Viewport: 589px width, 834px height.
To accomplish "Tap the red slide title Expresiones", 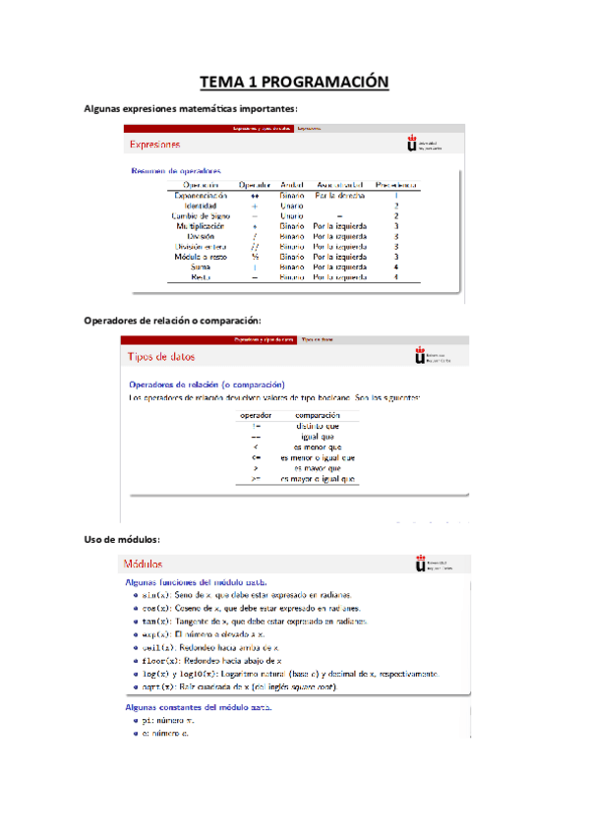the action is pos(155,145).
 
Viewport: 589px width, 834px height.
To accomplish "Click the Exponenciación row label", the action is pos(201,196).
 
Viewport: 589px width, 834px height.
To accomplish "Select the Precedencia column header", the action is pos(396,184).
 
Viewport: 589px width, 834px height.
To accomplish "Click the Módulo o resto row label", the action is pos(201,256).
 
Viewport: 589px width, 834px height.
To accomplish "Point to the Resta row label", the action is pos(201,276).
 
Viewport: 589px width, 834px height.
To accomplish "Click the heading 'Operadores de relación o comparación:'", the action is pos(173,320).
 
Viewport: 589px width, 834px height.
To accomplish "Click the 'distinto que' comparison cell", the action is pos(318,426).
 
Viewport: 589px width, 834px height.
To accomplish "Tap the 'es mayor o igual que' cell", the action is pos(318,479).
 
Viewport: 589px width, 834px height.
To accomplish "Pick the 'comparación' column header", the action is pos(318,415).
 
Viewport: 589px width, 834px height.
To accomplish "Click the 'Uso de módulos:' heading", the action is pos(122,538).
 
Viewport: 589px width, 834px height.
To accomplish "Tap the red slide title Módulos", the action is pos(144,565).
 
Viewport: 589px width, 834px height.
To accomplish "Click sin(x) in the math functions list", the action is pos(155,596).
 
